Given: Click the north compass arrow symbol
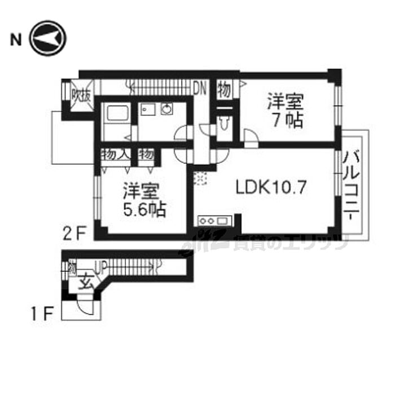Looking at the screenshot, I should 49,39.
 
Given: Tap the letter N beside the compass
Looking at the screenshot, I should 16,39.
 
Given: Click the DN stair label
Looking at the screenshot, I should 200,89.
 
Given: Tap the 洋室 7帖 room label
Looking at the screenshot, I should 286,111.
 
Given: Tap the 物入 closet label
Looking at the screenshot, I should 117,153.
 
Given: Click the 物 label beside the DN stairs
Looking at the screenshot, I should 225,89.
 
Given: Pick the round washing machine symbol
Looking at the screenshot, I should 166,109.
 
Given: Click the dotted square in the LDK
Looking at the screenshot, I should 200,178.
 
